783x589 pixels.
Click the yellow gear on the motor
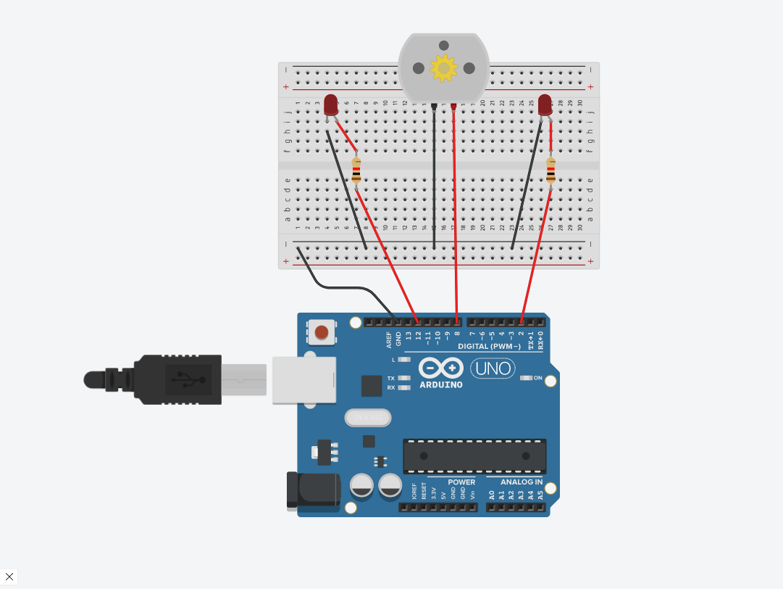point(443,68)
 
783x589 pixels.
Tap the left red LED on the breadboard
point(331,104)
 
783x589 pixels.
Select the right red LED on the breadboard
point(545,104)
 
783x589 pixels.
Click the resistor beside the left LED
point(356,170)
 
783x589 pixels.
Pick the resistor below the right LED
point(550,170)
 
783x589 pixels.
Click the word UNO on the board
point(494,368)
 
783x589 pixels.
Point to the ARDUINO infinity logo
point(440,368)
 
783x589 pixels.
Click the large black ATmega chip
point(474,456)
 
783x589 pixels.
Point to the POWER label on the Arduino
point(461,482)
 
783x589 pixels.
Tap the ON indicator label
point(538,378)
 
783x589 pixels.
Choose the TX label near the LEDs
point(391,379)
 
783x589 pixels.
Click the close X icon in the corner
point(9,577)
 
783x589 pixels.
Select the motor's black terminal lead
point(434,107)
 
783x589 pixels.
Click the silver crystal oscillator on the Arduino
point(368,418)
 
